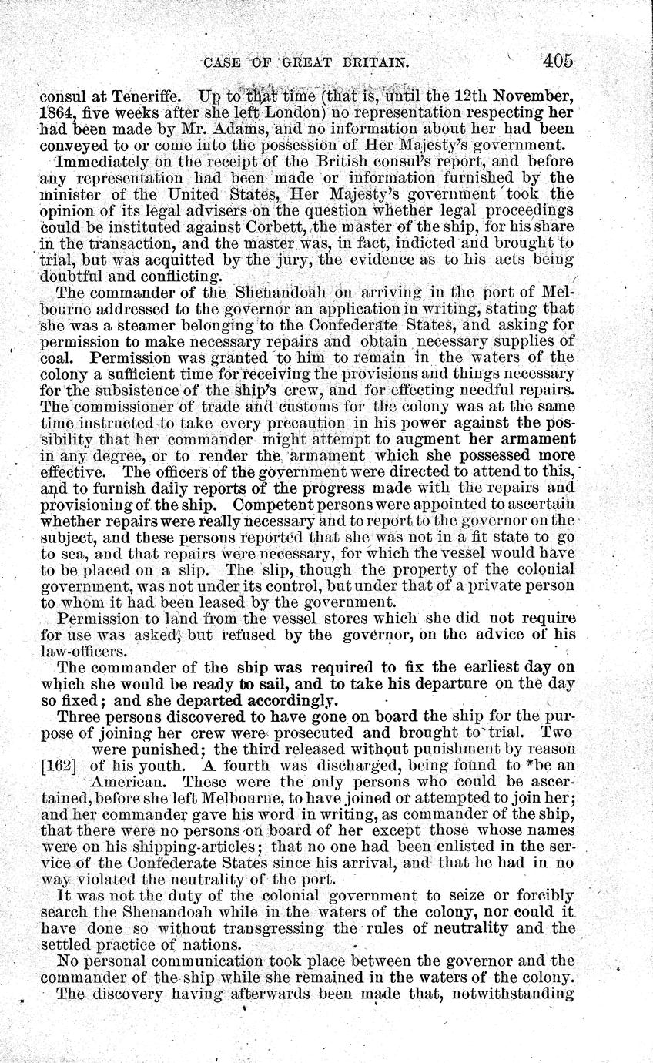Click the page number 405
[558, 61]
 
